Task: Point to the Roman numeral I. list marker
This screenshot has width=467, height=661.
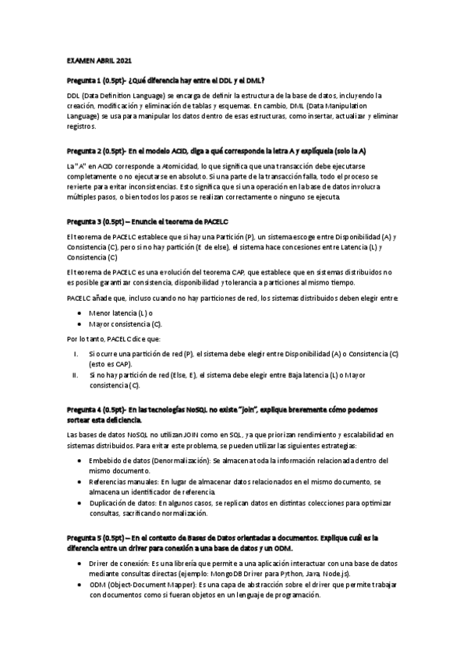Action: click(76, 354)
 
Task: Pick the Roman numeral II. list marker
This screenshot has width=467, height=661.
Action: click(75, 375)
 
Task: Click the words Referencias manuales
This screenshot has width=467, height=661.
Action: click(122, 482)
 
